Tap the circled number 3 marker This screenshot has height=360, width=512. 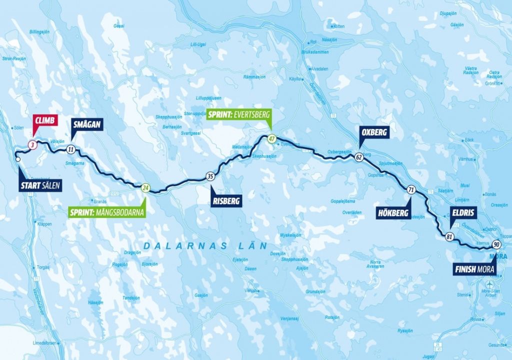(32, 145)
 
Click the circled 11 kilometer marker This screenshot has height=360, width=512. (71, 149)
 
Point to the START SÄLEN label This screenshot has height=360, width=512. (40, 186)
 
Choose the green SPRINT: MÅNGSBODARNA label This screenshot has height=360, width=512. (106, 212)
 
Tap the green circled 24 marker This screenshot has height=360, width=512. (145, 188)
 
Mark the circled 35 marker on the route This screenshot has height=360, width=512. (210, 176)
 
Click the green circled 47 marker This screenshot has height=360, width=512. (271, 139)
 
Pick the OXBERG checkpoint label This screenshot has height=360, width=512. (374, 132)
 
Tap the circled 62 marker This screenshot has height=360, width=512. (359, 157)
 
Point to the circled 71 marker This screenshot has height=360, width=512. (411, 190)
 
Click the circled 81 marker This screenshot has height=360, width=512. (449, 237)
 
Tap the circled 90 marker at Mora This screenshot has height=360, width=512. (496, 244)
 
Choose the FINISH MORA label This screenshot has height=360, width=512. (474, 269)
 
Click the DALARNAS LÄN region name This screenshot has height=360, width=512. (205, 246)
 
